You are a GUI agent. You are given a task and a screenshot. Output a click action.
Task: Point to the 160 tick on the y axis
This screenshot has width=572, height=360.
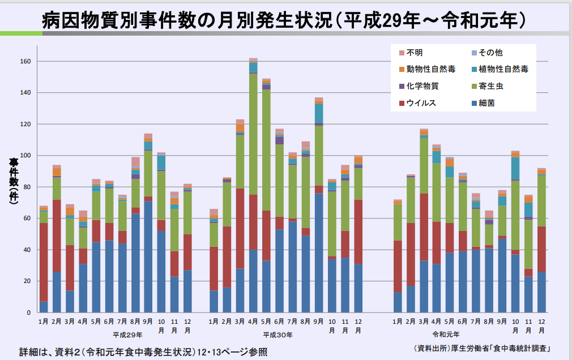(x=25, y=61)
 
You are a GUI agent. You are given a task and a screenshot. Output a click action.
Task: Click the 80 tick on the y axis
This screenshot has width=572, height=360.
(x=27, y=187)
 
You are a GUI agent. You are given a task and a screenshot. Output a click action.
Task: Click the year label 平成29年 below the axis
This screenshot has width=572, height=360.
(x=126, y=335)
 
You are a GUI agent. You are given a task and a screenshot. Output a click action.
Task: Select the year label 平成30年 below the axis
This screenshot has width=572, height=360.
(x=278, y=335)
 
